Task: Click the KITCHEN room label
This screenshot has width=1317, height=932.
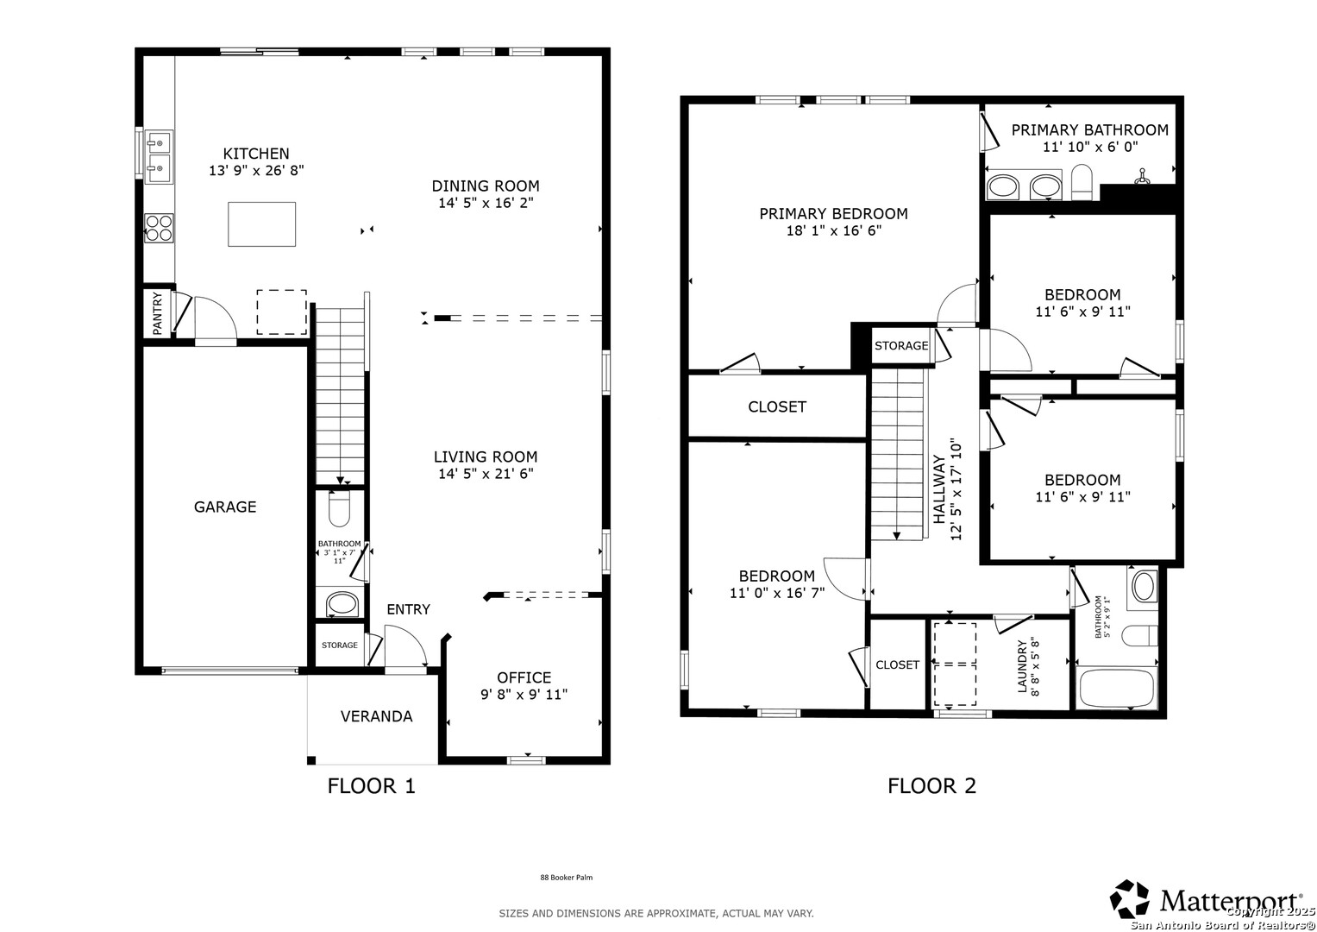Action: pyautogui.click(x=256, y=154)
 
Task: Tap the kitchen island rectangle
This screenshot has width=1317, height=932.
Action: pyautogui.click(x=261, y=224)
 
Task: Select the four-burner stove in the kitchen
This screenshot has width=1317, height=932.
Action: pyautogui.click(x=159, y=229)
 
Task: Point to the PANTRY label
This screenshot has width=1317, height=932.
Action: pyautogui.click(x=158, y=313)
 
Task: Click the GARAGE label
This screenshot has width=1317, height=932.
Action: pyautogui.click(x=225, y=507)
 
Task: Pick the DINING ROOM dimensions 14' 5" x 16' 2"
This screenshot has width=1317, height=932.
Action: pyautogui.click(x=486, y=203)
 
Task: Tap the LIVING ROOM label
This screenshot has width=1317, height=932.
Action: pyautogui.click(x=486, y=457)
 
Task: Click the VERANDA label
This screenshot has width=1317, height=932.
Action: pyautogui.click(x=376, y=716)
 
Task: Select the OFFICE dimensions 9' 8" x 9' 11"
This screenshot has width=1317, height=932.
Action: pyautogui.click(x=524, y=695)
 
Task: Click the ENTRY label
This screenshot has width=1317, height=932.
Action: pyautogui.click(x=408, y=609)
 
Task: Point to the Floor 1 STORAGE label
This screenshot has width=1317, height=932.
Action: pyautogui.click(x=339, y=645)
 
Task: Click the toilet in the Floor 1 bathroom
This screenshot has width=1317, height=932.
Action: pyautogui.click(x=339, y=508)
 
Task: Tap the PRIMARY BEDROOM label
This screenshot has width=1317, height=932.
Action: pyautogui.click(x=834, y=214)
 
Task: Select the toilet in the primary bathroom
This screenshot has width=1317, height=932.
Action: pyautogui.click(x=1082, y=182)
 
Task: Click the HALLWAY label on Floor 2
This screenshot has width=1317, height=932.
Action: pyautogui.click(x=939, y=489)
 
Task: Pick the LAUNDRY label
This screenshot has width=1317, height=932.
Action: pyautogui.click(x=1022, y=666)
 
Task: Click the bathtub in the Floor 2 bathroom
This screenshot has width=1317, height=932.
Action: pyautogui.click(x=1115, y=687)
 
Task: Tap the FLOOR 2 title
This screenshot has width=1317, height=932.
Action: pyautogui.click(x=931, y=785)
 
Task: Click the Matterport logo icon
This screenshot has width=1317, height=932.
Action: pyautogui.click(x=1130, y=898)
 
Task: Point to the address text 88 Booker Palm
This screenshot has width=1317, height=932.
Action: pyautogui.click(x=566, y=878)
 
